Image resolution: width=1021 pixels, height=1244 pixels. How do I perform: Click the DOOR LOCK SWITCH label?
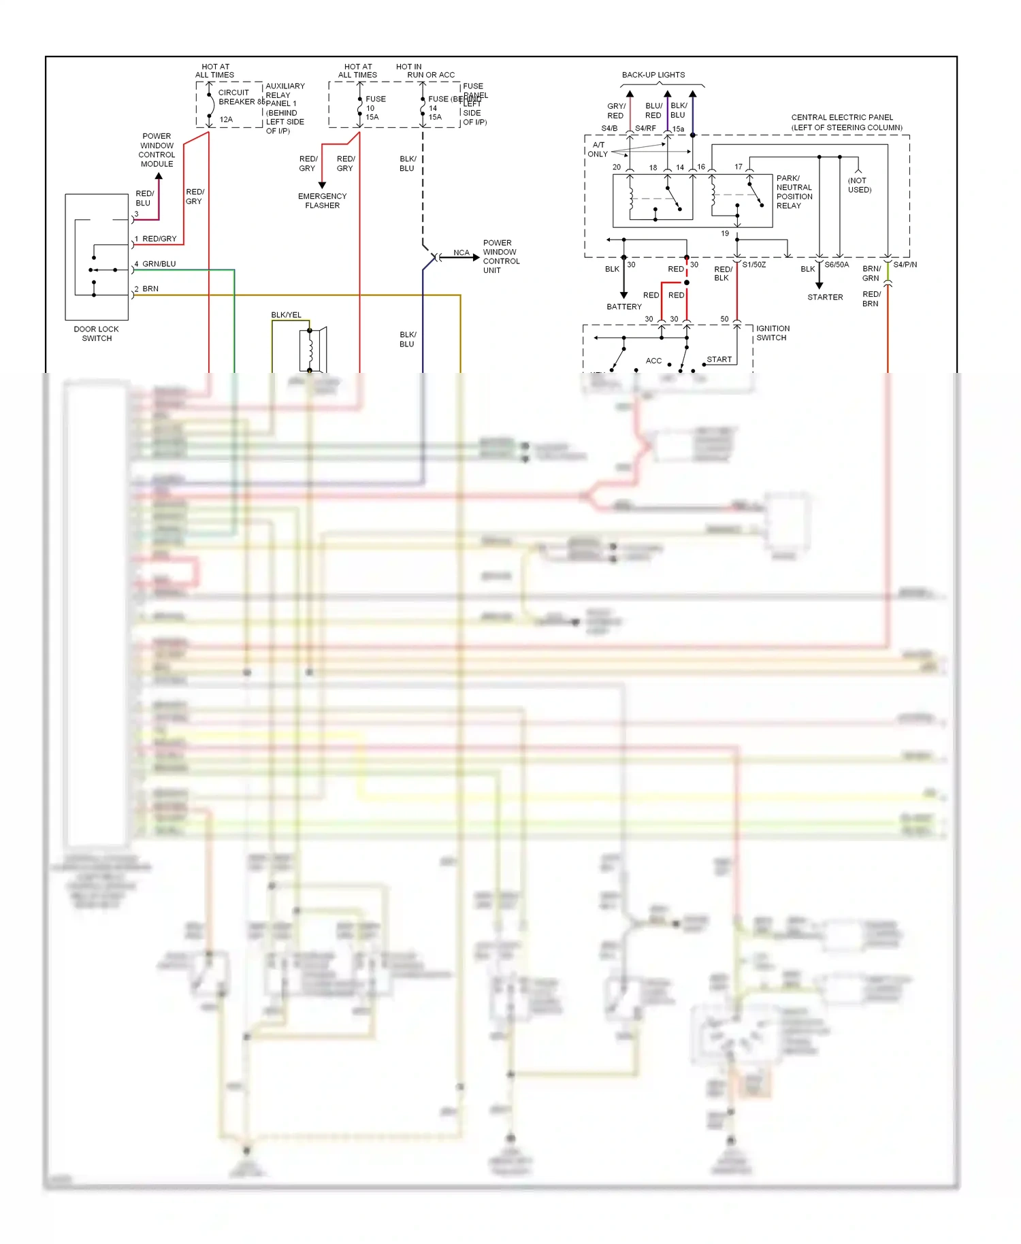point(96,333)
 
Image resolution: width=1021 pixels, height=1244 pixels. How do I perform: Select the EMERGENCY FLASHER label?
point(322,201)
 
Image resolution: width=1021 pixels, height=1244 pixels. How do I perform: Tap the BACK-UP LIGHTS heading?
point(653,75)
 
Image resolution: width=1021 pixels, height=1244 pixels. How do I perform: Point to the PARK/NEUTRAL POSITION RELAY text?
point(794,192)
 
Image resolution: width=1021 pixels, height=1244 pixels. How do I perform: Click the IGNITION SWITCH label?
point(773,333)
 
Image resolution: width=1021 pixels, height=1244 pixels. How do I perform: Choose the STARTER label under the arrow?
point(825,297)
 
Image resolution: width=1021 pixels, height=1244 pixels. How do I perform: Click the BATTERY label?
point(623,307)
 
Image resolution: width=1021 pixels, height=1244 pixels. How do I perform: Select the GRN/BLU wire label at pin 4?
point(159,264)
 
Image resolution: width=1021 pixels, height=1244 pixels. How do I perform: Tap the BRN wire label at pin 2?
point(150,289)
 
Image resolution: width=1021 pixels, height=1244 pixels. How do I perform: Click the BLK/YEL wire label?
point(286,315)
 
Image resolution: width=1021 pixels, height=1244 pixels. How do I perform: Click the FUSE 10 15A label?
point(374,108)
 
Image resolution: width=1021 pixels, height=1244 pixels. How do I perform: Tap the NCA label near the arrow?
point(461,253)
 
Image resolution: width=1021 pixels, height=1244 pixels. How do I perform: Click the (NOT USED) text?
point(859,185)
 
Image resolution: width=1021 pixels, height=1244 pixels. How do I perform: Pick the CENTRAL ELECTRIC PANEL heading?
point(846,122)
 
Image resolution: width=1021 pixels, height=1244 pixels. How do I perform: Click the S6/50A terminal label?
point(837,265)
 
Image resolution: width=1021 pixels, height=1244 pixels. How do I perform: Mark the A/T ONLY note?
point(598,150)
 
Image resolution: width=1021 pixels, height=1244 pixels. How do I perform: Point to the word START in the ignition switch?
point(719,359)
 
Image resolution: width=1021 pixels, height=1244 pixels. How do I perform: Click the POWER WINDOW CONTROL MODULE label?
point(157,150)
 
